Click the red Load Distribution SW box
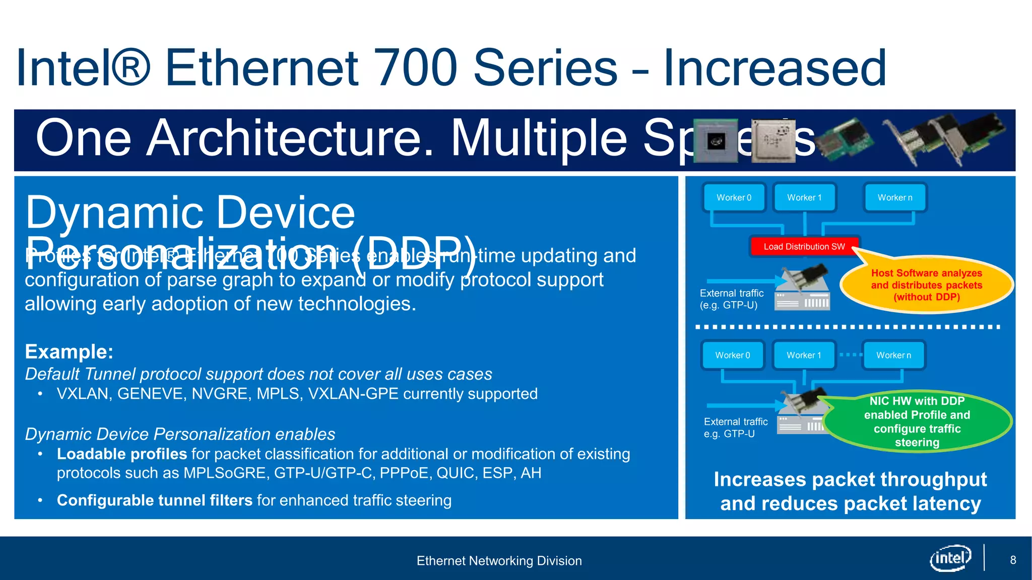point(804,247)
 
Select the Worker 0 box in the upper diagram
point(734,198)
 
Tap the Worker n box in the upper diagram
point(894,198)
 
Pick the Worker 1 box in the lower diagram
point(804,355)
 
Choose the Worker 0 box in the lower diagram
point(733,355)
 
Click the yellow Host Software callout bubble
point(926,285)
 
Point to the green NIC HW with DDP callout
point(917,422)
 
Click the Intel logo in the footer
point(950,558)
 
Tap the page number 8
point(1013,560)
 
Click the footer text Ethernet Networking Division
point(499,561)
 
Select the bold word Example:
point(69,351)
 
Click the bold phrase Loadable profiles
point(122,454)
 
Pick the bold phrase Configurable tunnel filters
point(154,500)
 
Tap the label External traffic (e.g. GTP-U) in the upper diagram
point(731,299)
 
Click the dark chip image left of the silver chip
point(716,141)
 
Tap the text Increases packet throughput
point(850,480)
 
